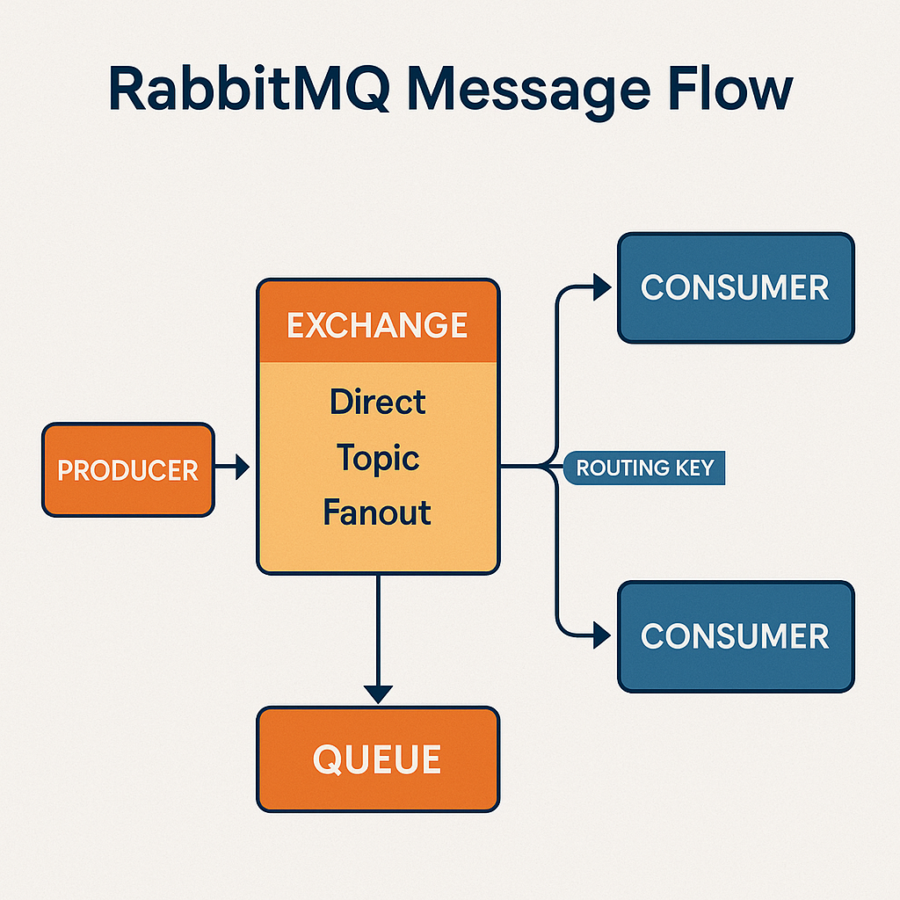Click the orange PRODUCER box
coord(128,470)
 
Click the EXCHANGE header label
coord(378,325)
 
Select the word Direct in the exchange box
coord(378,403)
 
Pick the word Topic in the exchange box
coord(378,458)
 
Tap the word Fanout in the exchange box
coord(377,512)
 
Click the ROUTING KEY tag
coord(643,468)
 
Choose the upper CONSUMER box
coord(736,287)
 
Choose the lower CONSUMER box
coord(736,635)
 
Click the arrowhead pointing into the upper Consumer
coord(602,287)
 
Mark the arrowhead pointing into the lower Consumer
coord(602,633)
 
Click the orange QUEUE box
coord(378,759)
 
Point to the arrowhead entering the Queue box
coord(378,693)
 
